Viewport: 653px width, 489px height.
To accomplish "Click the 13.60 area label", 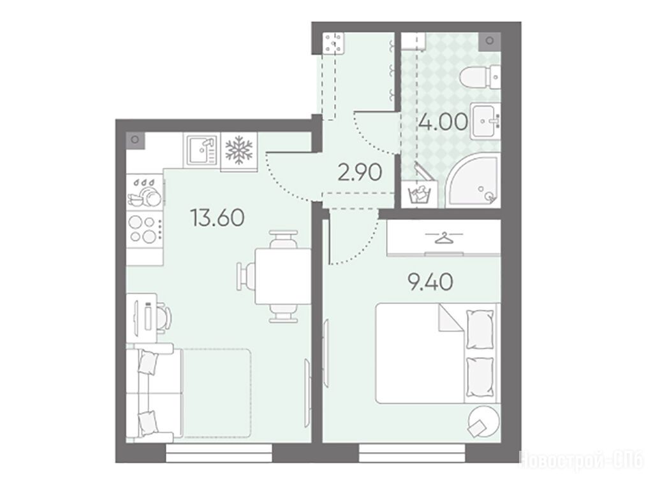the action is click(217, 218).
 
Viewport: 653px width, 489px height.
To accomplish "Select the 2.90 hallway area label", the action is click(360, 173).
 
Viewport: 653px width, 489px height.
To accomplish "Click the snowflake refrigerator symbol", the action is click(238, 151).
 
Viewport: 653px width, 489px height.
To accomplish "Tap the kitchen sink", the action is click(201, 151).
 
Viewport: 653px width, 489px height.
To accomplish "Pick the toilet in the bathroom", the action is click(480, 77).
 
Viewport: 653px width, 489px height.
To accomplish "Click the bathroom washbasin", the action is click(485, 122).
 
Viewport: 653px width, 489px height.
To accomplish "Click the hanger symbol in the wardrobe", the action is click(444, 238).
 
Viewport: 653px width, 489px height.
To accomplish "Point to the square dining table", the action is click(282, 276).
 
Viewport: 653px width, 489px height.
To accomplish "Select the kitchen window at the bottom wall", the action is click(219, 453).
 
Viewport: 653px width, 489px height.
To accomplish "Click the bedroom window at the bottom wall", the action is click(412, 453).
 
